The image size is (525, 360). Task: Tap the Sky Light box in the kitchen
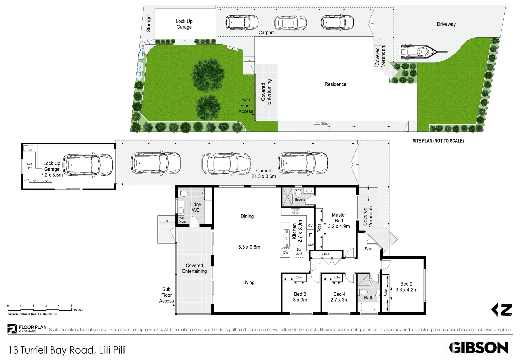tap(299, 251)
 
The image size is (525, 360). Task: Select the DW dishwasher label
tap(286, 253)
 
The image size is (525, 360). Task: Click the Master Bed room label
tap(339, 218)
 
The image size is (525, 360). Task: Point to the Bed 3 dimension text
tap(300, 300)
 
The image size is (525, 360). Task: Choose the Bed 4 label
tap(339, 294)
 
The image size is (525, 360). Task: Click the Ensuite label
tap(300, 200)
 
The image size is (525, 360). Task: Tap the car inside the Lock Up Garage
tap(88, 165)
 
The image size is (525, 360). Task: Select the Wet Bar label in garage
tap(29, 166)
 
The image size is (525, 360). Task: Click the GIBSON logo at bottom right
tap(478, 348)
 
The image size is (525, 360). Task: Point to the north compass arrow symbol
tap(502, 310)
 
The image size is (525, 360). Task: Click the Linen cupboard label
tap(325, 254)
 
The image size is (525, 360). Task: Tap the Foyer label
tap(369, 249)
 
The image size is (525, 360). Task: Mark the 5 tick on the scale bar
tap(71, 306)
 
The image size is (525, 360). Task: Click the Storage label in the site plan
tap(149, 24)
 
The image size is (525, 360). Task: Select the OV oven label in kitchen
tap(310, 226)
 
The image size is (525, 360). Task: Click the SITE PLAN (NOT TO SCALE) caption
tap(438, 141)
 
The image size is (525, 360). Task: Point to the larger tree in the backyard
tap(207, 75)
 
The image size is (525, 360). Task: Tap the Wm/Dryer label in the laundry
tap(182, 220)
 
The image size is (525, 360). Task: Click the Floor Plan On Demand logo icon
tap(12, 329)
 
